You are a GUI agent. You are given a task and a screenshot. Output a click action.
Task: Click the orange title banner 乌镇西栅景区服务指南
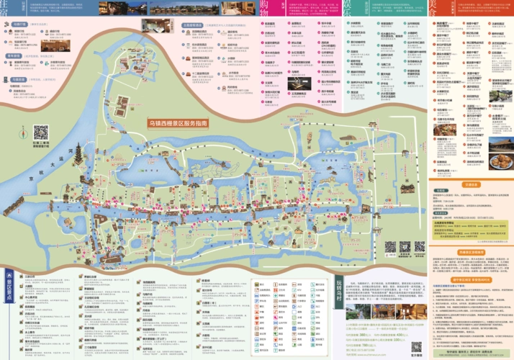(x=178, y=123)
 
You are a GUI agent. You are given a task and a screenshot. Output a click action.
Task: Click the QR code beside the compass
(x=40, y=132)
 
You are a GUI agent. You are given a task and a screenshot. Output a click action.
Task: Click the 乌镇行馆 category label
(x=19, y=24)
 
